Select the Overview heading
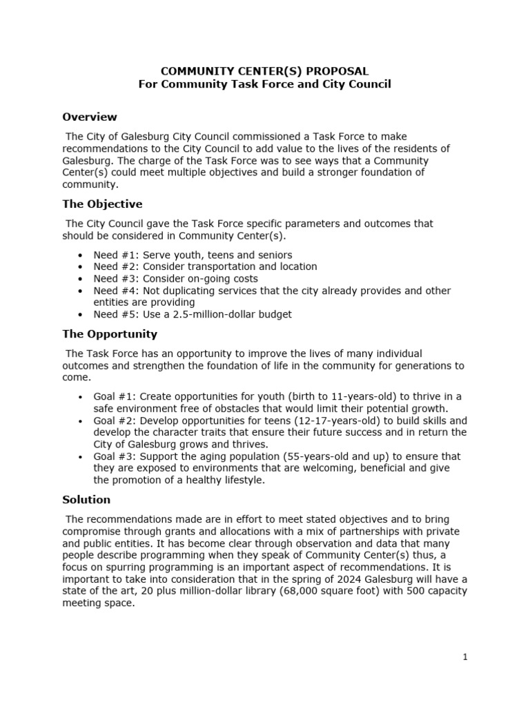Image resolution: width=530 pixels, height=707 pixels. click(90, 117)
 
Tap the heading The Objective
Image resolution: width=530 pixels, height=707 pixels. click(102, 204)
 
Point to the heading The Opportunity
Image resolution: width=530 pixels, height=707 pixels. click(110, 333)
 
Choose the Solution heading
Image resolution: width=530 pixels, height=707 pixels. click(86, 499)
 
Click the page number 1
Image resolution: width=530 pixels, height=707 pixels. click(465, 657)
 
